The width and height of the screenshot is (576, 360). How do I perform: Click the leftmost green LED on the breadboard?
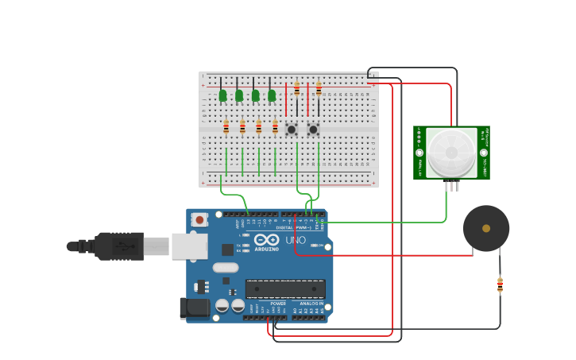[x=222, y=95]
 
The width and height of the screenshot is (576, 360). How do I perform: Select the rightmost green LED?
[x=272, y=95]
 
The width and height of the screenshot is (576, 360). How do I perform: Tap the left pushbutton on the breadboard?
[x=292, y=129]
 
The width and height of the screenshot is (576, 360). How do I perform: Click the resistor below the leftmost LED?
[x=226, y=126]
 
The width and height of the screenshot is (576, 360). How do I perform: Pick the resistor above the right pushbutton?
[x=319, y=88]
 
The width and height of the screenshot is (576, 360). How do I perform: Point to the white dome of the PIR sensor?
[x=450, y=152]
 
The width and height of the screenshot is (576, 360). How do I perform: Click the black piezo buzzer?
[x=486, y=228]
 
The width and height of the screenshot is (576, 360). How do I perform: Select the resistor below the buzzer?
[x=500, y=285]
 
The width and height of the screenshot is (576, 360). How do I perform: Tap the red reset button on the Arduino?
[x=199, y=219]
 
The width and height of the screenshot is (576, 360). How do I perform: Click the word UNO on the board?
[x=296, y=240]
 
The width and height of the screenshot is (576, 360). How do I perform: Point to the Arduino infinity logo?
[x=267, y=239]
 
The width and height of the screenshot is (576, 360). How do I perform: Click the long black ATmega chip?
[x=285, y=289]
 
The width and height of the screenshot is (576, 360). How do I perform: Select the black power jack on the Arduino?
[x=195, y=308]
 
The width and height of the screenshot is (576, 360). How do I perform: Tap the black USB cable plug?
[x=119, y=246]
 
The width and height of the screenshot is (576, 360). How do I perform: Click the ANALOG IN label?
[x=311, y=304]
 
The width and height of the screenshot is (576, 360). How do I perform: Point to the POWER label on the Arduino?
[x=278, y=304]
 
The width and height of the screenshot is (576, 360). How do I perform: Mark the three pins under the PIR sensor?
[x=452, y=186]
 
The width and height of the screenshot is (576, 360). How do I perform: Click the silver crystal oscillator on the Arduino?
[x=226, y=267]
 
